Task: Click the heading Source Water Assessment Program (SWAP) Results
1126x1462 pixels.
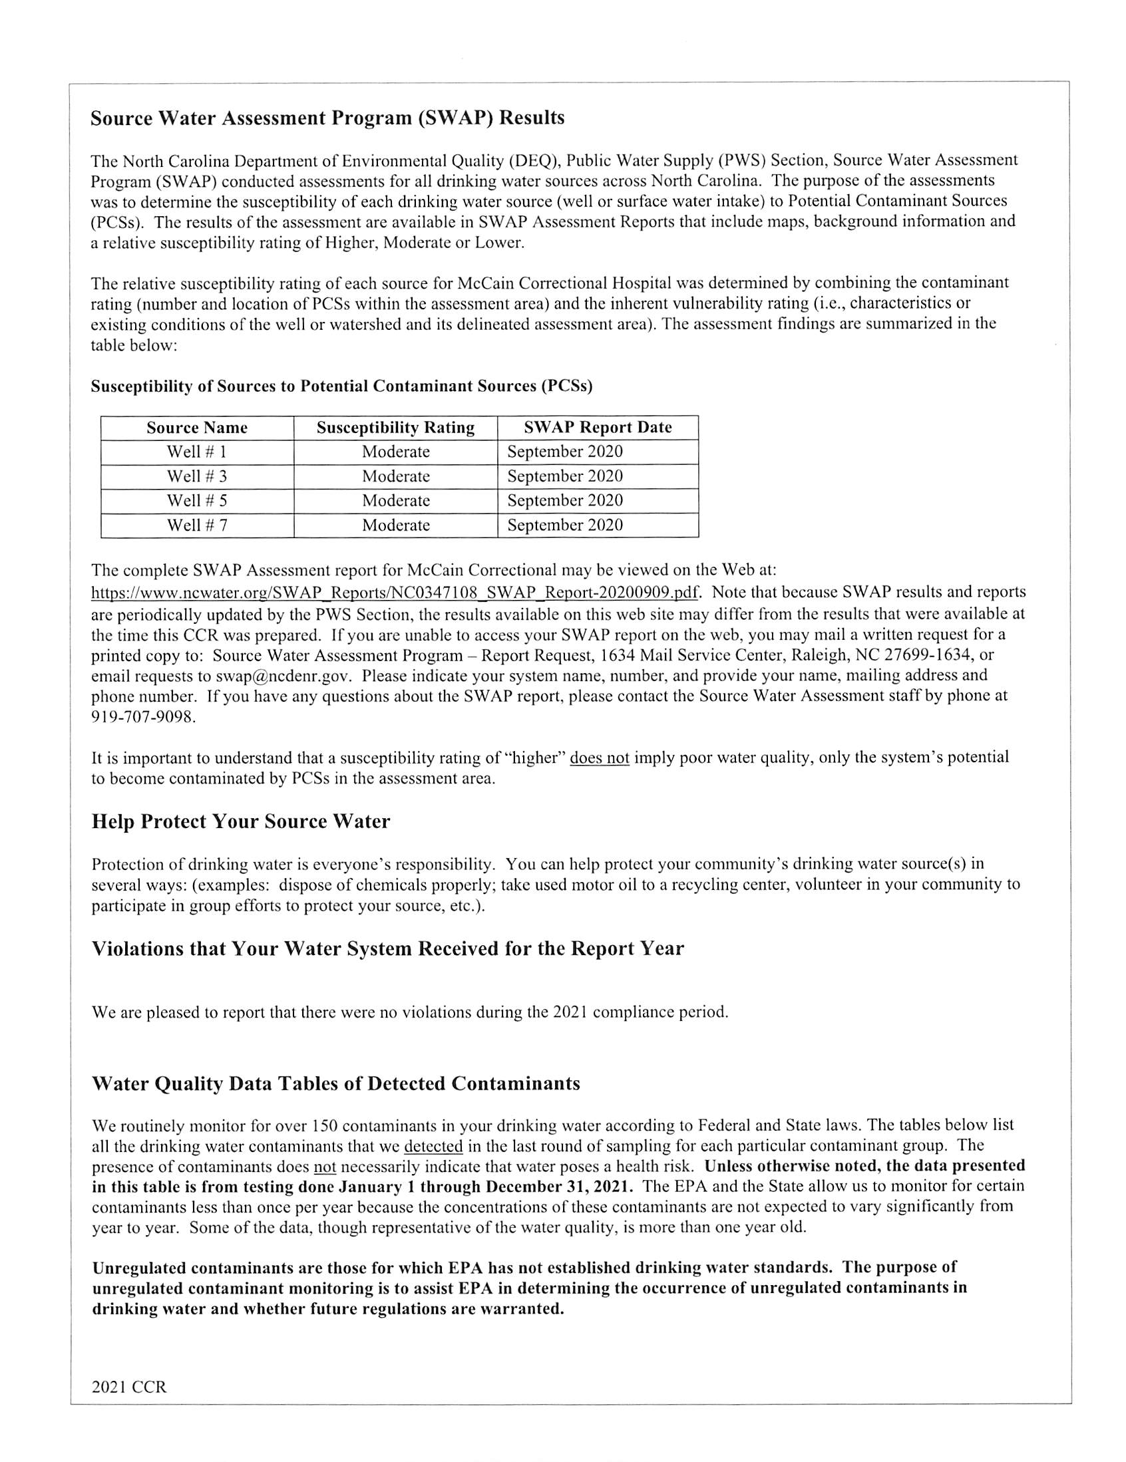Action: [x=327, y=118]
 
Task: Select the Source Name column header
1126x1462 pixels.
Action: [x=197, y=428]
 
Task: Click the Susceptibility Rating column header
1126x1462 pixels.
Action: [x=395, y=428]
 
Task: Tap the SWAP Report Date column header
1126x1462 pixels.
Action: [x=598, y=427]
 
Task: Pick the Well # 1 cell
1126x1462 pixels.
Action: [x=197, y=452]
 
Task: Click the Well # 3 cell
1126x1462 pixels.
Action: [x=197, y=476]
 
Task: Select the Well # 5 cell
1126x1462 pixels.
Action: [x=197, y=501]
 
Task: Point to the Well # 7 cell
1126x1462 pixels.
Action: [x=197, y=525]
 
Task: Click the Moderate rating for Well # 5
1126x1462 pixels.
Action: [x=395, y=501]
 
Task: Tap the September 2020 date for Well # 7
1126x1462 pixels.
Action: [x=565, y=525]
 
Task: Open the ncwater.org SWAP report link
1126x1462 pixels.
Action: [x=396, y=593]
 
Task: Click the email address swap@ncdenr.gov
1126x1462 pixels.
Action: [x=283, y=674]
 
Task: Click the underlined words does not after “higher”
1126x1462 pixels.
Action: [x=599, y=758]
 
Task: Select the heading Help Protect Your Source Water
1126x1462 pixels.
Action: [x=240, y=821]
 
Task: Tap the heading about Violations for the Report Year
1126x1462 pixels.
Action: [x=387, y=949]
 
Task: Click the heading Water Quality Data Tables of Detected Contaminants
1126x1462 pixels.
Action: [x=335, y=1083]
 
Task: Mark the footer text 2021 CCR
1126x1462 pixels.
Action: [x=128, y=1387]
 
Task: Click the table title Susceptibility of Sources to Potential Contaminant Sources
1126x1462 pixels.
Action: [x=341, y=386]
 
